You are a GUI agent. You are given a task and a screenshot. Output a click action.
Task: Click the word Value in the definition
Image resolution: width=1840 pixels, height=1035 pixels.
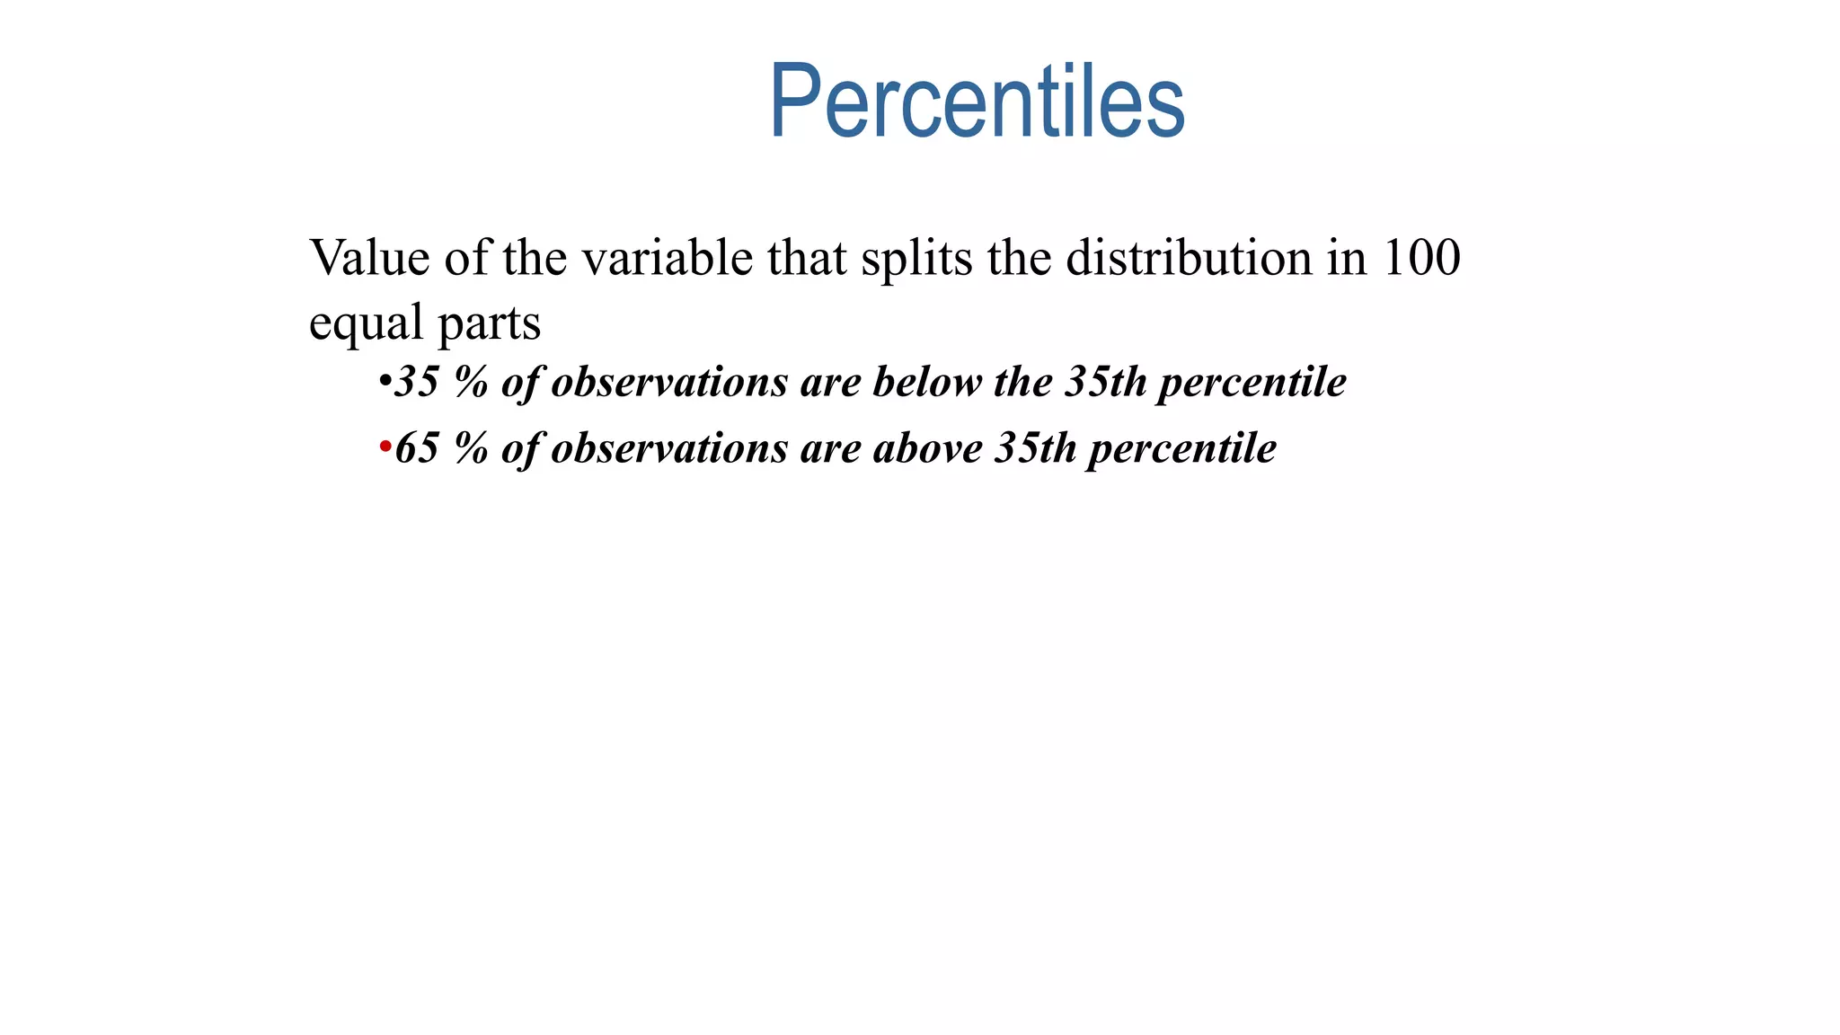369,258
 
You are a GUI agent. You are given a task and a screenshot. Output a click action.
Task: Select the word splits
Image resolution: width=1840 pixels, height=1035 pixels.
916,258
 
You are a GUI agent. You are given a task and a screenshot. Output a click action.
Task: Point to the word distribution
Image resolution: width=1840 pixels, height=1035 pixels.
1190,258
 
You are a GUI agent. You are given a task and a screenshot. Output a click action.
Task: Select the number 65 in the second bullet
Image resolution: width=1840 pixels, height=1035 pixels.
417,447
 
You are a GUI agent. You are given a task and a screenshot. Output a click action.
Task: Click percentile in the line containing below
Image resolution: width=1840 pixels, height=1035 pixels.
1252,384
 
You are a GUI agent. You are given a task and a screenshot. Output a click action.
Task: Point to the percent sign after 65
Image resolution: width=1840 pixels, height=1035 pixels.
471,447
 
